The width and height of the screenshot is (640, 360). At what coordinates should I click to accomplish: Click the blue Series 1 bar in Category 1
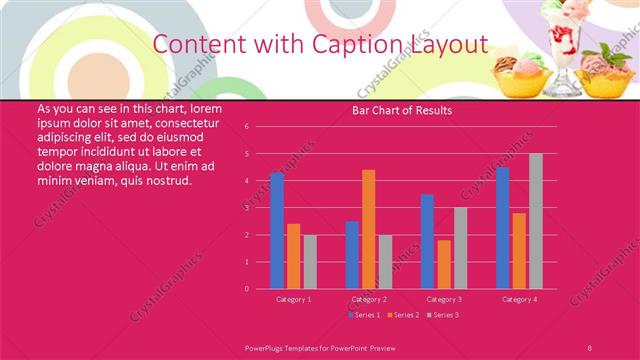[277, 230]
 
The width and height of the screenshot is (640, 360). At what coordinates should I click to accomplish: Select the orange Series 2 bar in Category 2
[369, 229]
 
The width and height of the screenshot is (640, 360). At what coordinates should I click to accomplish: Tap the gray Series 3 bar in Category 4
[536, 221]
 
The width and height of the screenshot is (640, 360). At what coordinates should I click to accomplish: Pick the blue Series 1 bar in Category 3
[427, 241]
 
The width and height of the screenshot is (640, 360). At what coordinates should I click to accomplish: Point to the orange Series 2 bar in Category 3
[444, 264]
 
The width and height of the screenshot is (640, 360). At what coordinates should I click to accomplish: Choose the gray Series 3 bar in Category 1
[310, 261]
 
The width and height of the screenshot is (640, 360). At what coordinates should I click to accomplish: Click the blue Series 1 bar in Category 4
[502, 228]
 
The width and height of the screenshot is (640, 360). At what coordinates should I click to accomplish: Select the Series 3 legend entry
[445, 316]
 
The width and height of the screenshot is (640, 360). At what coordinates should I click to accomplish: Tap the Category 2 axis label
[369, 299]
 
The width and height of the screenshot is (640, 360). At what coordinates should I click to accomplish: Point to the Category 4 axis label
[519, 299]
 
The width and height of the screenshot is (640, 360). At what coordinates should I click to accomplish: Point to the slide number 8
[590, 345]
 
